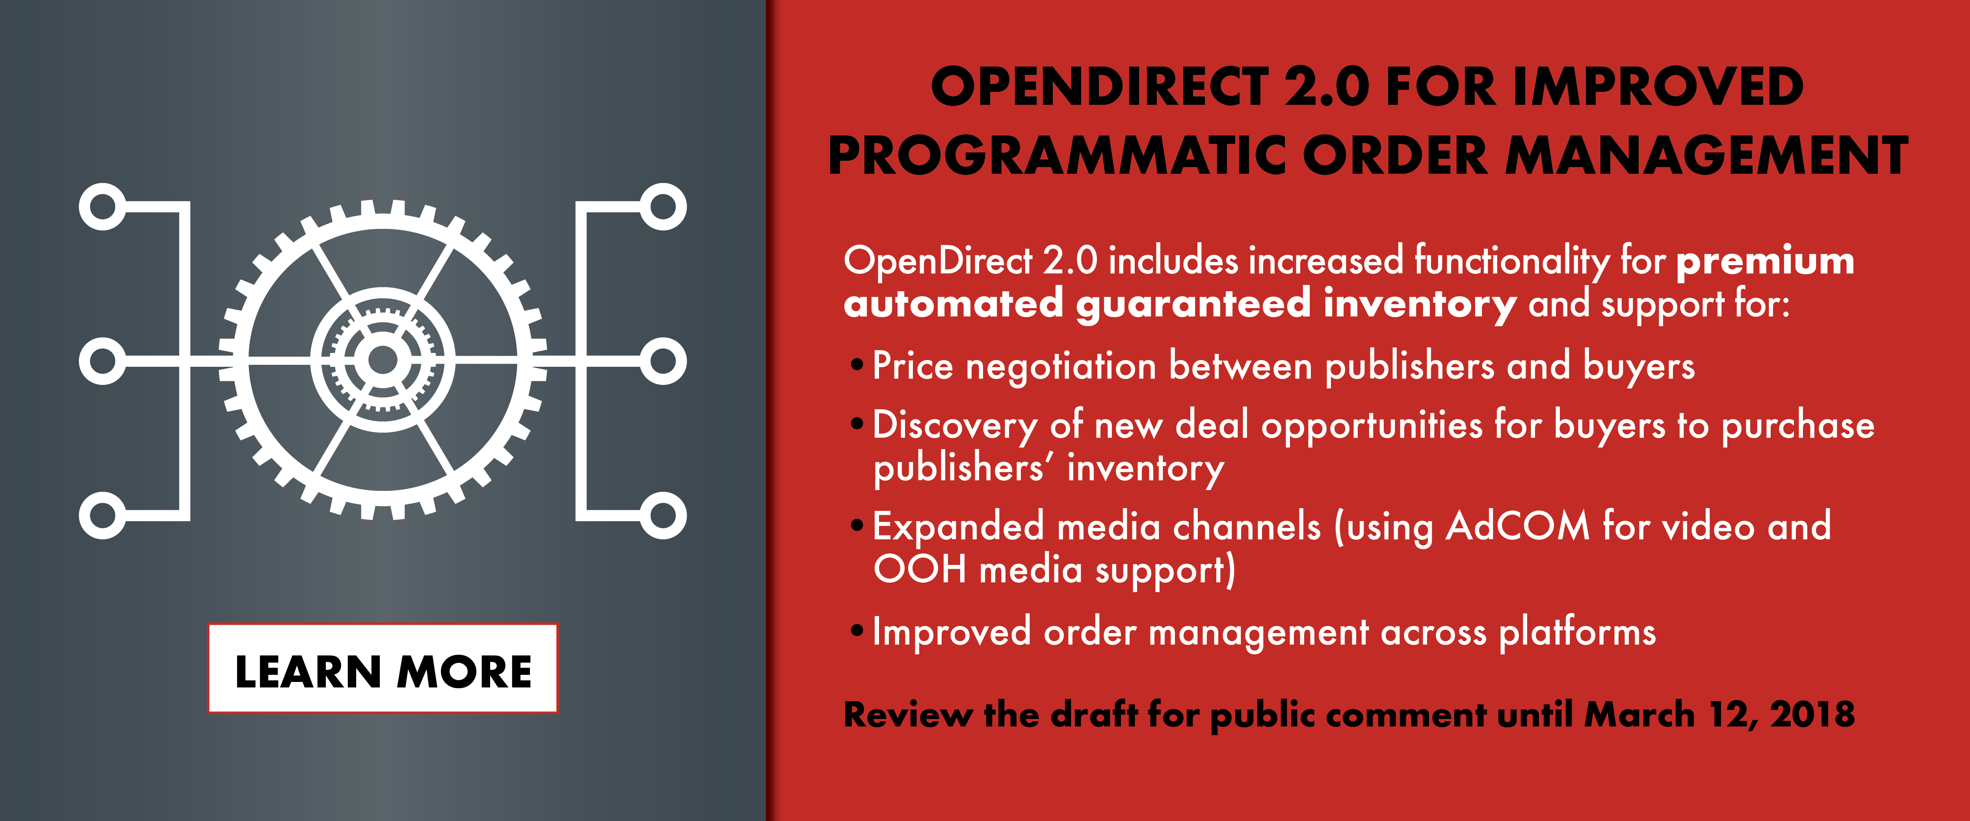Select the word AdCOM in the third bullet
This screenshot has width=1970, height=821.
pyautogui.click(x=1517, y=527)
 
